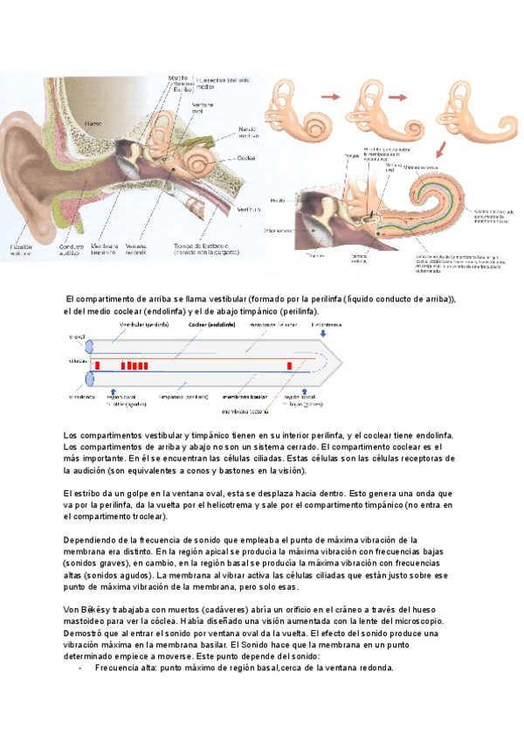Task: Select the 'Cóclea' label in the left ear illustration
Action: [x=245, y=159]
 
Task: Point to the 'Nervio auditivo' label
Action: [x=247, y=133]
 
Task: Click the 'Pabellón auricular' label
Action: [x=22, y=252]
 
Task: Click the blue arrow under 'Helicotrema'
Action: [x=326, y=333]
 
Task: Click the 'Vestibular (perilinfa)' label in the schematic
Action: [x=145, y=323]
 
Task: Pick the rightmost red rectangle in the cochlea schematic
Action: [x=291, y=365]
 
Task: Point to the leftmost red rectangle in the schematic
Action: [x=97, y=365]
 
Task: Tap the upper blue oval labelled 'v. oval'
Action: [x=88, y=347]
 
